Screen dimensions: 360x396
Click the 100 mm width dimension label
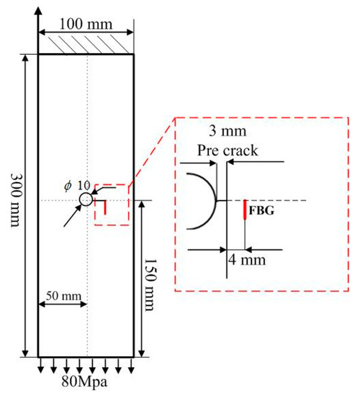click(86, 24)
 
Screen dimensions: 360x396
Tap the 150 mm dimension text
click(150, 284)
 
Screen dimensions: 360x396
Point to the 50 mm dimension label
click(63, 296)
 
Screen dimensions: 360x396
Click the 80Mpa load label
click(84, 382)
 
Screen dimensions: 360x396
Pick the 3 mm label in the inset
click(228, 131)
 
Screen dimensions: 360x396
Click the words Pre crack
click(228, 150)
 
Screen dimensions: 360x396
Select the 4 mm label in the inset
click(247, 260)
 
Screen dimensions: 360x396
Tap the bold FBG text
click(261, 210)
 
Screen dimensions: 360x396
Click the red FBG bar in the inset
click(245, 210)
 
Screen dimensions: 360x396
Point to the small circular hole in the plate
click(86, 199)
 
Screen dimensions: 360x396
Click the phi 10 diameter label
click(77, 186)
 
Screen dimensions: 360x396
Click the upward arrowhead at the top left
click(38, 12)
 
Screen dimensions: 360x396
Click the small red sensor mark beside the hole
click(105, 207)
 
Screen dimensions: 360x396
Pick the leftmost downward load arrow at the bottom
click(40, 366)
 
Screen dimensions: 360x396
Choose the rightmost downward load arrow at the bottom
click(131, 366)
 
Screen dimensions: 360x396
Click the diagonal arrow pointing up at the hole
click(73, 215)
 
